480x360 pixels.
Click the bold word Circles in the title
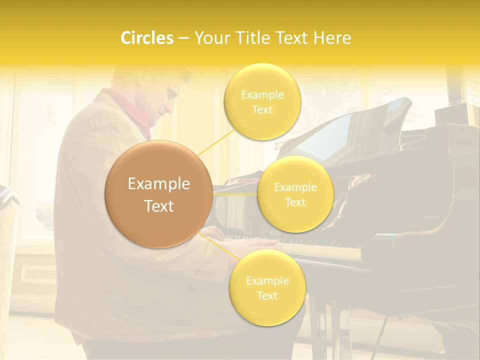(146, 38)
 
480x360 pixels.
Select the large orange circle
(158, 194)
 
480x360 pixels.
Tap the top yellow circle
(262, 101)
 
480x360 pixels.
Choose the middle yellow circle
(295, 194)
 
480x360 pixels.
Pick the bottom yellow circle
(267, 287)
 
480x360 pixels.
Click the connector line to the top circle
(216, 141)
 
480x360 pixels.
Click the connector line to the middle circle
(234, 193)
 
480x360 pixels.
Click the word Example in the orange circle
(158, 184)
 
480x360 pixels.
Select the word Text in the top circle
(262, 109)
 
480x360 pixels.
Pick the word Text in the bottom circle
(267, 295)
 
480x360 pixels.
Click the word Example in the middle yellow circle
(295, 187)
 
